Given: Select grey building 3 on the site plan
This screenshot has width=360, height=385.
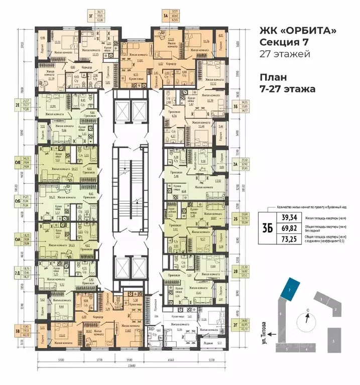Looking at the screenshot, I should point(333,341).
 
